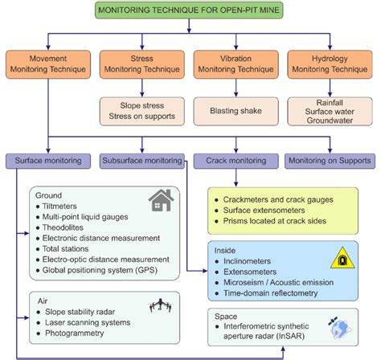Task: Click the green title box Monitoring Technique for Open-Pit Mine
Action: pyautogui.click(x=190, y=10)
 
